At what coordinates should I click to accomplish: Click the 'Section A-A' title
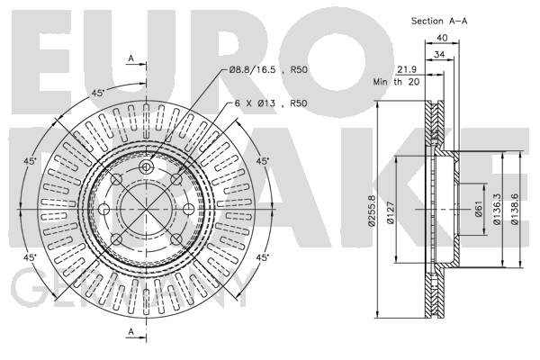pyautogui.click(x=439, y=21)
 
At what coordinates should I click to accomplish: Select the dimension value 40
pyautogui.click(x=442, y=38)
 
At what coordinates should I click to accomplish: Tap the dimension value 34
pyautogui.click(x=439, y=54)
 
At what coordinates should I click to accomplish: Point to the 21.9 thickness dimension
pyautogui.click(x=407, y=69)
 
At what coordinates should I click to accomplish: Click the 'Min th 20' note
pyautogui.click(x=396, y=82)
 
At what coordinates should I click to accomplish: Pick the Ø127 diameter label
pyautogui.click(x=391, y=212)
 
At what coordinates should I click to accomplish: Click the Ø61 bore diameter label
pyautogui.click(x=479, y=210)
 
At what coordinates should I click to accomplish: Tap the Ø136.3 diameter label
pyautogui.click(x=497, y=209)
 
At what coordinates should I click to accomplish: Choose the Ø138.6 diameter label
pyautogui.click(x=515, y=209)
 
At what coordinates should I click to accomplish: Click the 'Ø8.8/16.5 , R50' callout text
pyautogui.click(x=268, y=70)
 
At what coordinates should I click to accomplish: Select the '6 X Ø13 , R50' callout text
pyautogui.click(x=271, y=103)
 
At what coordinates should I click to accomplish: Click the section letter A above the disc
pyautogui.click(x=130, y=58)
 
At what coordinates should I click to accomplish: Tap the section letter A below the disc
pyautogui.click(x=130, y=331)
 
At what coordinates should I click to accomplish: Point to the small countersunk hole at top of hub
pyautogui.click(x=146, y=167)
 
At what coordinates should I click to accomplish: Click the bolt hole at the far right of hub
pyautogui.click(x=188, y=209)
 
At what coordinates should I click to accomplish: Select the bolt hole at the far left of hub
pyautogui.click(x=104, y=209)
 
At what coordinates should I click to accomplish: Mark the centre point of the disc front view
pyautogui.click(x=146, y=209)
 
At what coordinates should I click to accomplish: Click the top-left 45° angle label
pyautogui.click(x=98, y=93)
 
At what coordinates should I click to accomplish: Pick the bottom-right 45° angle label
pyautogui.click(x=263, y=257)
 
